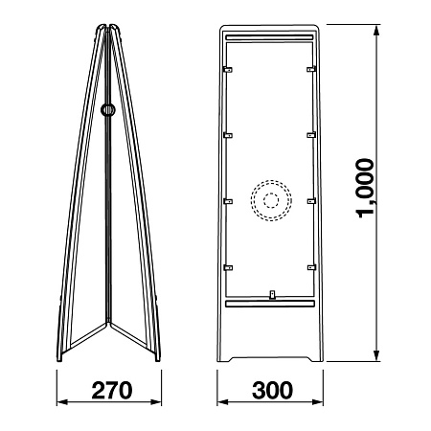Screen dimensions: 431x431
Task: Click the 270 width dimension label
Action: click(x=112, y=390)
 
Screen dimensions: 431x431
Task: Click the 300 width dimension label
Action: click(x=272, y=390)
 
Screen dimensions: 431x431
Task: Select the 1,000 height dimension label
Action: click(x=365, y=188)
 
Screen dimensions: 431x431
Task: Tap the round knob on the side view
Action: click(x=108, y=110)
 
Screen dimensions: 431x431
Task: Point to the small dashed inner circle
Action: click(x=271, y=200)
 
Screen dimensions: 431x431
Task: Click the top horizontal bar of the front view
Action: click(x=270, y=37)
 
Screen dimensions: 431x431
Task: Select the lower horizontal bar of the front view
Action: click(x=270, y=304)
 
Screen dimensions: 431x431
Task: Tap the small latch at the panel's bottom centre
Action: click(x=272, y=295)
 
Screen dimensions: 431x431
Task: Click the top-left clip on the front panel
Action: click(x=228, y=70)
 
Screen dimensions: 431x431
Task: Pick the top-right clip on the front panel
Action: click(x=311, y=69)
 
